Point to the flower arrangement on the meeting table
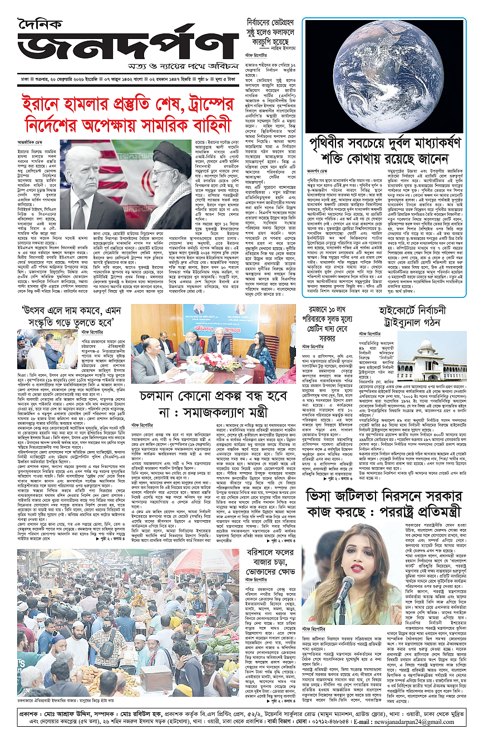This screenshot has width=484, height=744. point(218,361)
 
